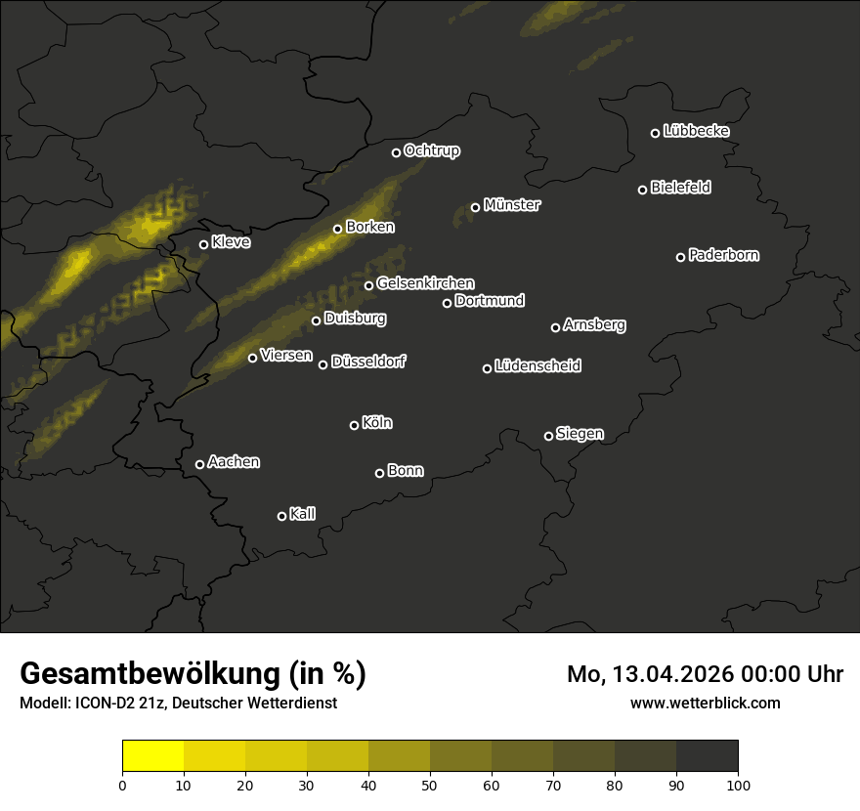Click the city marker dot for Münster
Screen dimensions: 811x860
476,207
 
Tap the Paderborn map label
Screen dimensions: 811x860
723,255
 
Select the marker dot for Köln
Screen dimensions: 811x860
354,425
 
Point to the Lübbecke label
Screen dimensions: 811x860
696,131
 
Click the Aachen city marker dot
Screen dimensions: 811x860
199,464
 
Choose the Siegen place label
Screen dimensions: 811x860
580,434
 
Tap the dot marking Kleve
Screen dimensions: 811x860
203,244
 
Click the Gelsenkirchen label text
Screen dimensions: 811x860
425,283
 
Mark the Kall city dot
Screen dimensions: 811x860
281,516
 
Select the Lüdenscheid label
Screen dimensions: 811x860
537,366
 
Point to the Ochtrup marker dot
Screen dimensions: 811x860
396,152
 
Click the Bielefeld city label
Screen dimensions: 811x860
680,188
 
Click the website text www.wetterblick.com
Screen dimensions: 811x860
705,703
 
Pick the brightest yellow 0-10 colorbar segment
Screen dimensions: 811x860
152,756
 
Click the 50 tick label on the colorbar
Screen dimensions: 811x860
430,785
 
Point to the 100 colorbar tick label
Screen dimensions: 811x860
738,785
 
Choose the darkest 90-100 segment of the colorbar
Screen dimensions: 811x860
707,756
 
